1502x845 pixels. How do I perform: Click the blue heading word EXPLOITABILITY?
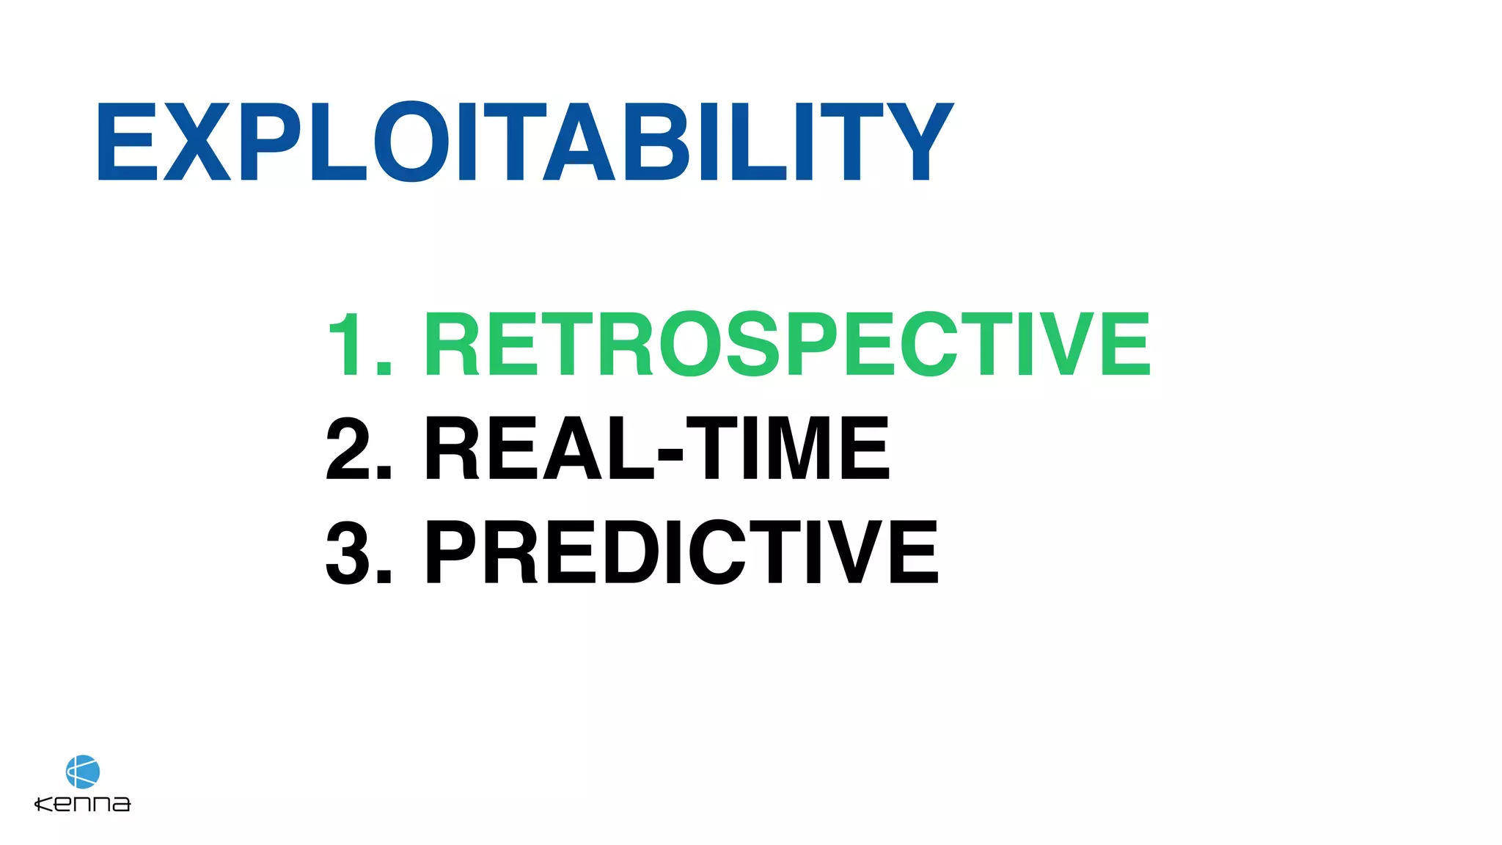click(524, 142)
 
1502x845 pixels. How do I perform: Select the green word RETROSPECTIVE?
click(787, 344)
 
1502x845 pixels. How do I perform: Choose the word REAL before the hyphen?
click(539, 448)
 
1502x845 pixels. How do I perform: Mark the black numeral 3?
click(348, 552)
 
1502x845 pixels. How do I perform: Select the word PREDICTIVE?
click(681, 552)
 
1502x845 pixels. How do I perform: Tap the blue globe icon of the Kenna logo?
click(83, 772)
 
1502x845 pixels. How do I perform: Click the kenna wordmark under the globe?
click(83, 804)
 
